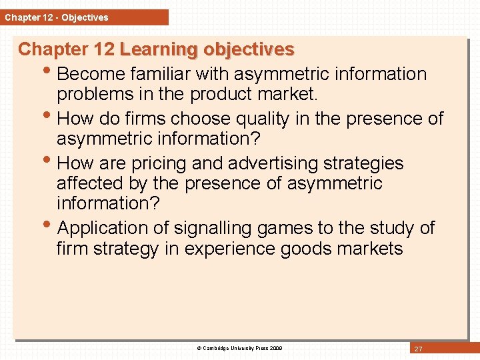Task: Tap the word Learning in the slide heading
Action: tap(159, 50)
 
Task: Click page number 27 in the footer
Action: tap(419, 349)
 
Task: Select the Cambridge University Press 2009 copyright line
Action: tap(239, 348)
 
